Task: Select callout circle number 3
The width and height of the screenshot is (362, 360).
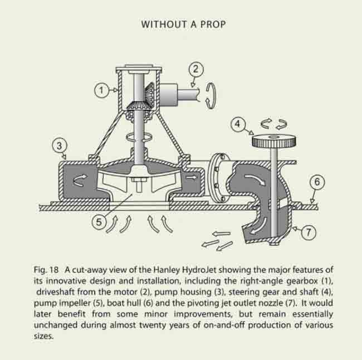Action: coord(60,146)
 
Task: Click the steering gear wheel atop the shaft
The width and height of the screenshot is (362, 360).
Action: coord(274,142)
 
